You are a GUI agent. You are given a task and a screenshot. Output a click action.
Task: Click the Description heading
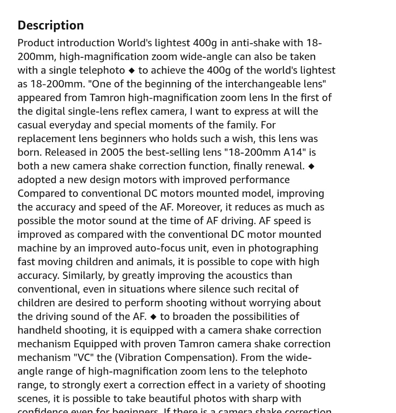(x=50, y=25)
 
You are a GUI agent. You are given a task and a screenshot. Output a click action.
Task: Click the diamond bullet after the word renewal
(x=311, y=166)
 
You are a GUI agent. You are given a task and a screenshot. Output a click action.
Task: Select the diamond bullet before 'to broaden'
(x=153, y=317)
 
